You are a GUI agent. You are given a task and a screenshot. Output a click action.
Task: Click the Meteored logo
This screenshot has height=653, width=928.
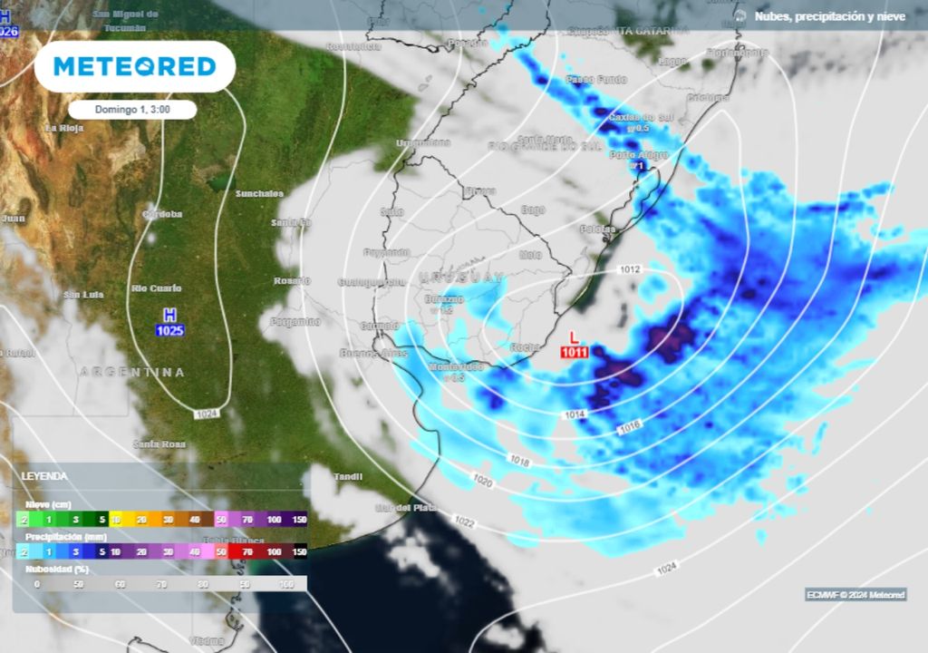point(134,66)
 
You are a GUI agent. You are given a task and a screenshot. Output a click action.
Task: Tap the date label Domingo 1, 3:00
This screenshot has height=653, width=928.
point(132,109)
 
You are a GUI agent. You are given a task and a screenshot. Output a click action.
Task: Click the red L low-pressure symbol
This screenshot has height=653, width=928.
point(574,336)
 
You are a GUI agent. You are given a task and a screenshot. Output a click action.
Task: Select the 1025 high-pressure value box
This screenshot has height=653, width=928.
point(169,331)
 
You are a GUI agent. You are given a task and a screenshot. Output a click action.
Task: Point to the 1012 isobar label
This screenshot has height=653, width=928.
point(631,269)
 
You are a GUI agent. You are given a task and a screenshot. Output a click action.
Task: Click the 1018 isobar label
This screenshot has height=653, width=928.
point(519,462)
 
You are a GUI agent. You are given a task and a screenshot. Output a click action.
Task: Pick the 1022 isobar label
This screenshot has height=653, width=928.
point(464,522)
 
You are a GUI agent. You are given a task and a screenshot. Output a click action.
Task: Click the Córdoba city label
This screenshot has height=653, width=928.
point(163,214)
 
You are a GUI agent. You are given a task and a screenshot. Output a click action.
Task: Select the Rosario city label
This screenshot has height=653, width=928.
point(292,281)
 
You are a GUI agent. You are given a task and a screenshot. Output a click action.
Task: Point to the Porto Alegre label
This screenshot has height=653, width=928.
point(639,155)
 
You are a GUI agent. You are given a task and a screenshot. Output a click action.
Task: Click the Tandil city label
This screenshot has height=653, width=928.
point(348,476)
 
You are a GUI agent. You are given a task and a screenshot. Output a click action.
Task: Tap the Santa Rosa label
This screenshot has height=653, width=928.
point(159,443)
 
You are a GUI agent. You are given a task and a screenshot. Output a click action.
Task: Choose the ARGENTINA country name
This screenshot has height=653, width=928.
point(132,372)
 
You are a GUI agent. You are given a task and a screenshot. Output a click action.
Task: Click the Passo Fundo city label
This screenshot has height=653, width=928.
point(596,80)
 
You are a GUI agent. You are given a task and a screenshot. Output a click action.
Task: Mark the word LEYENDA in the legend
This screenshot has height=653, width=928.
point(44,476)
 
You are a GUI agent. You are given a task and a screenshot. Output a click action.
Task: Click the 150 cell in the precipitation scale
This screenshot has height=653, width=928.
point(299,551)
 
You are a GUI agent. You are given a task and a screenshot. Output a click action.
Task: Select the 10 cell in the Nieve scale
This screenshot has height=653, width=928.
point(116,520)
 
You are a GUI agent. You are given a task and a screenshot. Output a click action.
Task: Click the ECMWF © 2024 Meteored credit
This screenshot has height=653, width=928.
point(855,595)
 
